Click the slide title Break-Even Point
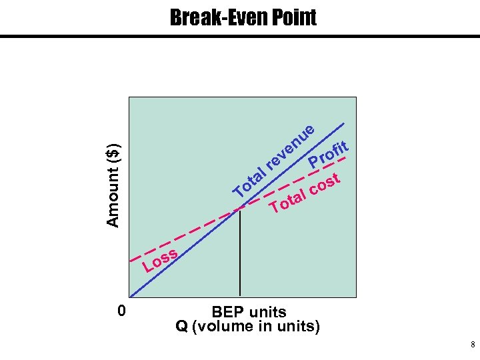tap(243, 17)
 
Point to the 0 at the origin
tap(121, 311)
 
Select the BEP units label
tap(248, 312)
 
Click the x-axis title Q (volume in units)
tap(247, 327)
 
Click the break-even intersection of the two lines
tap(239, 210)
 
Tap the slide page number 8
tap(472, 345)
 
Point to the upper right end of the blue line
tap(345, 124)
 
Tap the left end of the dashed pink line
tap(130, 259)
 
